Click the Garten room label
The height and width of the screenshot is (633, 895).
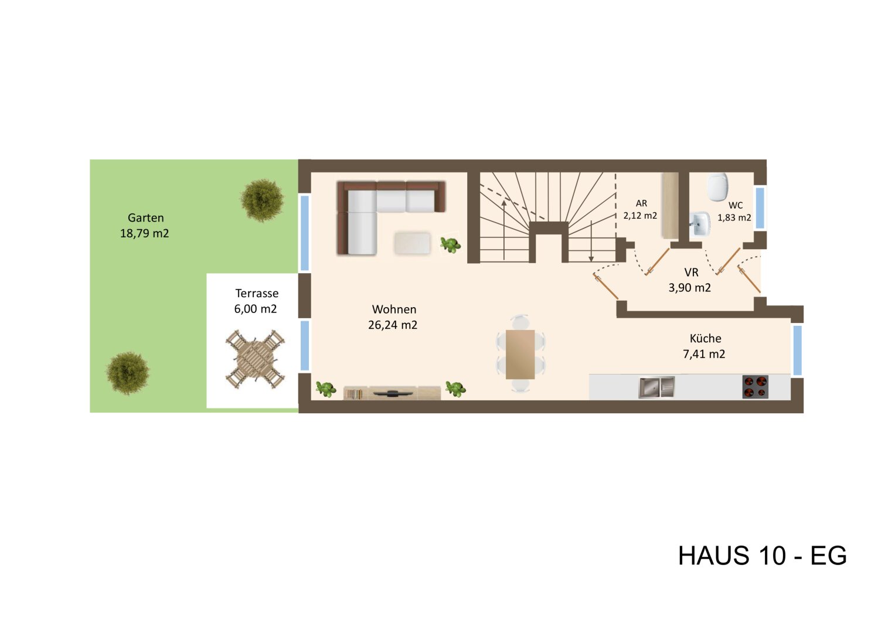145,226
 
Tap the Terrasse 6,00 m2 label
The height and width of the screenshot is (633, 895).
256,301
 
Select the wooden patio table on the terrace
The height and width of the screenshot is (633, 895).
256,359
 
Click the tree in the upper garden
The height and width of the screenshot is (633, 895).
262,200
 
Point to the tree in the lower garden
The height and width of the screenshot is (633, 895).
127,373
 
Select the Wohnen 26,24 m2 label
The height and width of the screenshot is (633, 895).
393,317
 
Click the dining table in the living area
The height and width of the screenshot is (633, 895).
520,355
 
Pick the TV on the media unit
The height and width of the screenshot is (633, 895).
392,392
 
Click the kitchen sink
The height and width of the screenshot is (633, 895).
656,387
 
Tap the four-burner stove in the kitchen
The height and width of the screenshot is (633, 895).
755,387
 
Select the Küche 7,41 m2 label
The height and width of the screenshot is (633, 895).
705,346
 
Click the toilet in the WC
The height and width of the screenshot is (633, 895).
717,186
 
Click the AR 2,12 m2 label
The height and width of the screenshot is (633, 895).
641,210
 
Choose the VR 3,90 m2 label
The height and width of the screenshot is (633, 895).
690,280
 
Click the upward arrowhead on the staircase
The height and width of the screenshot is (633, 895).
503,203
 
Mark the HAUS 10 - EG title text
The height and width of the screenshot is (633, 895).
762,556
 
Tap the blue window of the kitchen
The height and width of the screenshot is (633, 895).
797,350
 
